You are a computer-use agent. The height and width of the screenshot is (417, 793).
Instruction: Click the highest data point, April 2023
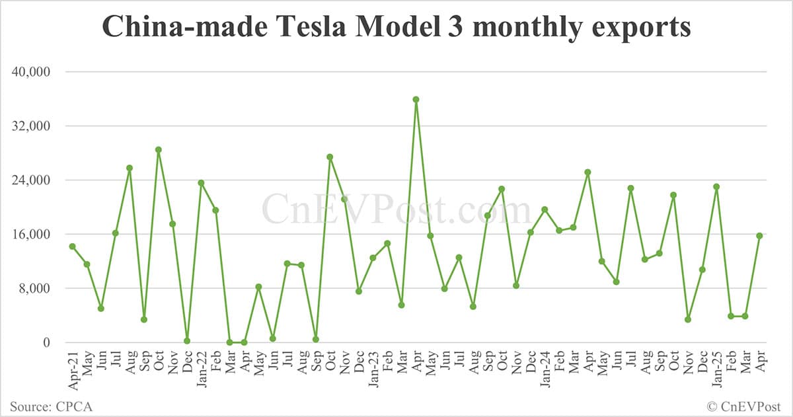416,100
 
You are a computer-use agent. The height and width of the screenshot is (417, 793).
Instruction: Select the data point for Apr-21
72,246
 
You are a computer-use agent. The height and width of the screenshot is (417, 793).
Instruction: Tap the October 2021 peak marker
159,149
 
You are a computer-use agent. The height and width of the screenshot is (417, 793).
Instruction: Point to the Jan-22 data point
201,183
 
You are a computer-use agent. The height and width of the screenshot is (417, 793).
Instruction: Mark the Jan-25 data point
716,187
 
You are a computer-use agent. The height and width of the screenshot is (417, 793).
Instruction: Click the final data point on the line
759,235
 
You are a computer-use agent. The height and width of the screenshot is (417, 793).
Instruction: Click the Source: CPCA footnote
51,406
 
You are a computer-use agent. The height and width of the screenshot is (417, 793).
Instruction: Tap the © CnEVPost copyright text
743,406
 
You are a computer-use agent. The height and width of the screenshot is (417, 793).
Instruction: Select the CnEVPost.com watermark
397,209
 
